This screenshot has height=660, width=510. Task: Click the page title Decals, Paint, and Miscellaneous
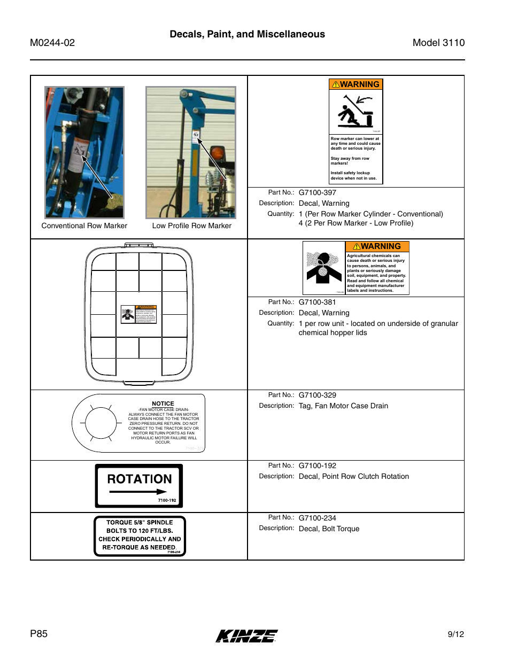(x=247, y=34)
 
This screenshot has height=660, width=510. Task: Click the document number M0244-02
(x=52, y=43)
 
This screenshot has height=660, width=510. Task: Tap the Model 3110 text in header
(x=438, y=43)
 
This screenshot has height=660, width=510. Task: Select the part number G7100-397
(x=317, y=192)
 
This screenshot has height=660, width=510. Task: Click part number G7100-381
(x=317, y=302)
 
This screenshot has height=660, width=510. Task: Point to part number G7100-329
(x=317, y=395)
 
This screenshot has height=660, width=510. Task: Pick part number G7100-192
(x=317, y=465)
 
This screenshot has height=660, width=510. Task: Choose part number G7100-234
(x=317, y=518)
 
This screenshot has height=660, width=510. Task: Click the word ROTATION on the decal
(x=140, y=479)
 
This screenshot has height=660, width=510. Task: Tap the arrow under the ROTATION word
(x=138, y=492)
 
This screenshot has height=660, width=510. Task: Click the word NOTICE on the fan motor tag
(x=163, y=403)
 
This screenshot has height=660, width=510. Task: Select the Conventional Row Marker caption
(x=84, y=226)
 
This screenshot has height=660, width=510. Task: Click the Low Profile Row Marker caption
(x=191, y=226)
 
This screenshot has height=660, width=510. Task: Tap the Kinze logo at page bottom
(x=246, y=635)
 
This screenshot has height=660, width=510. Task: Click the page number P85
(x=38, y=634)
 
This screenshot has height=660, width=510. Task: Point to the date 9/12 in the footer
(x=455, y=634)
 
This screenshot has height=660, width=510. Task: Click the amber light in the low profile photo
(x=217, y=154)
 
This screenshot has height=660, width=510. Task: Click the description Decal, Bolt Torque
(x=329, y=529)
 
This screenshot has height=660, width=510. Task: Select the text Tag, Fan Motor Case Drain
(x=343, y=406)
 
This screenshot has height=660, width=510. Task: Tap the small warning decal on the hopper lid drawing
(x=138, y=314)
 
